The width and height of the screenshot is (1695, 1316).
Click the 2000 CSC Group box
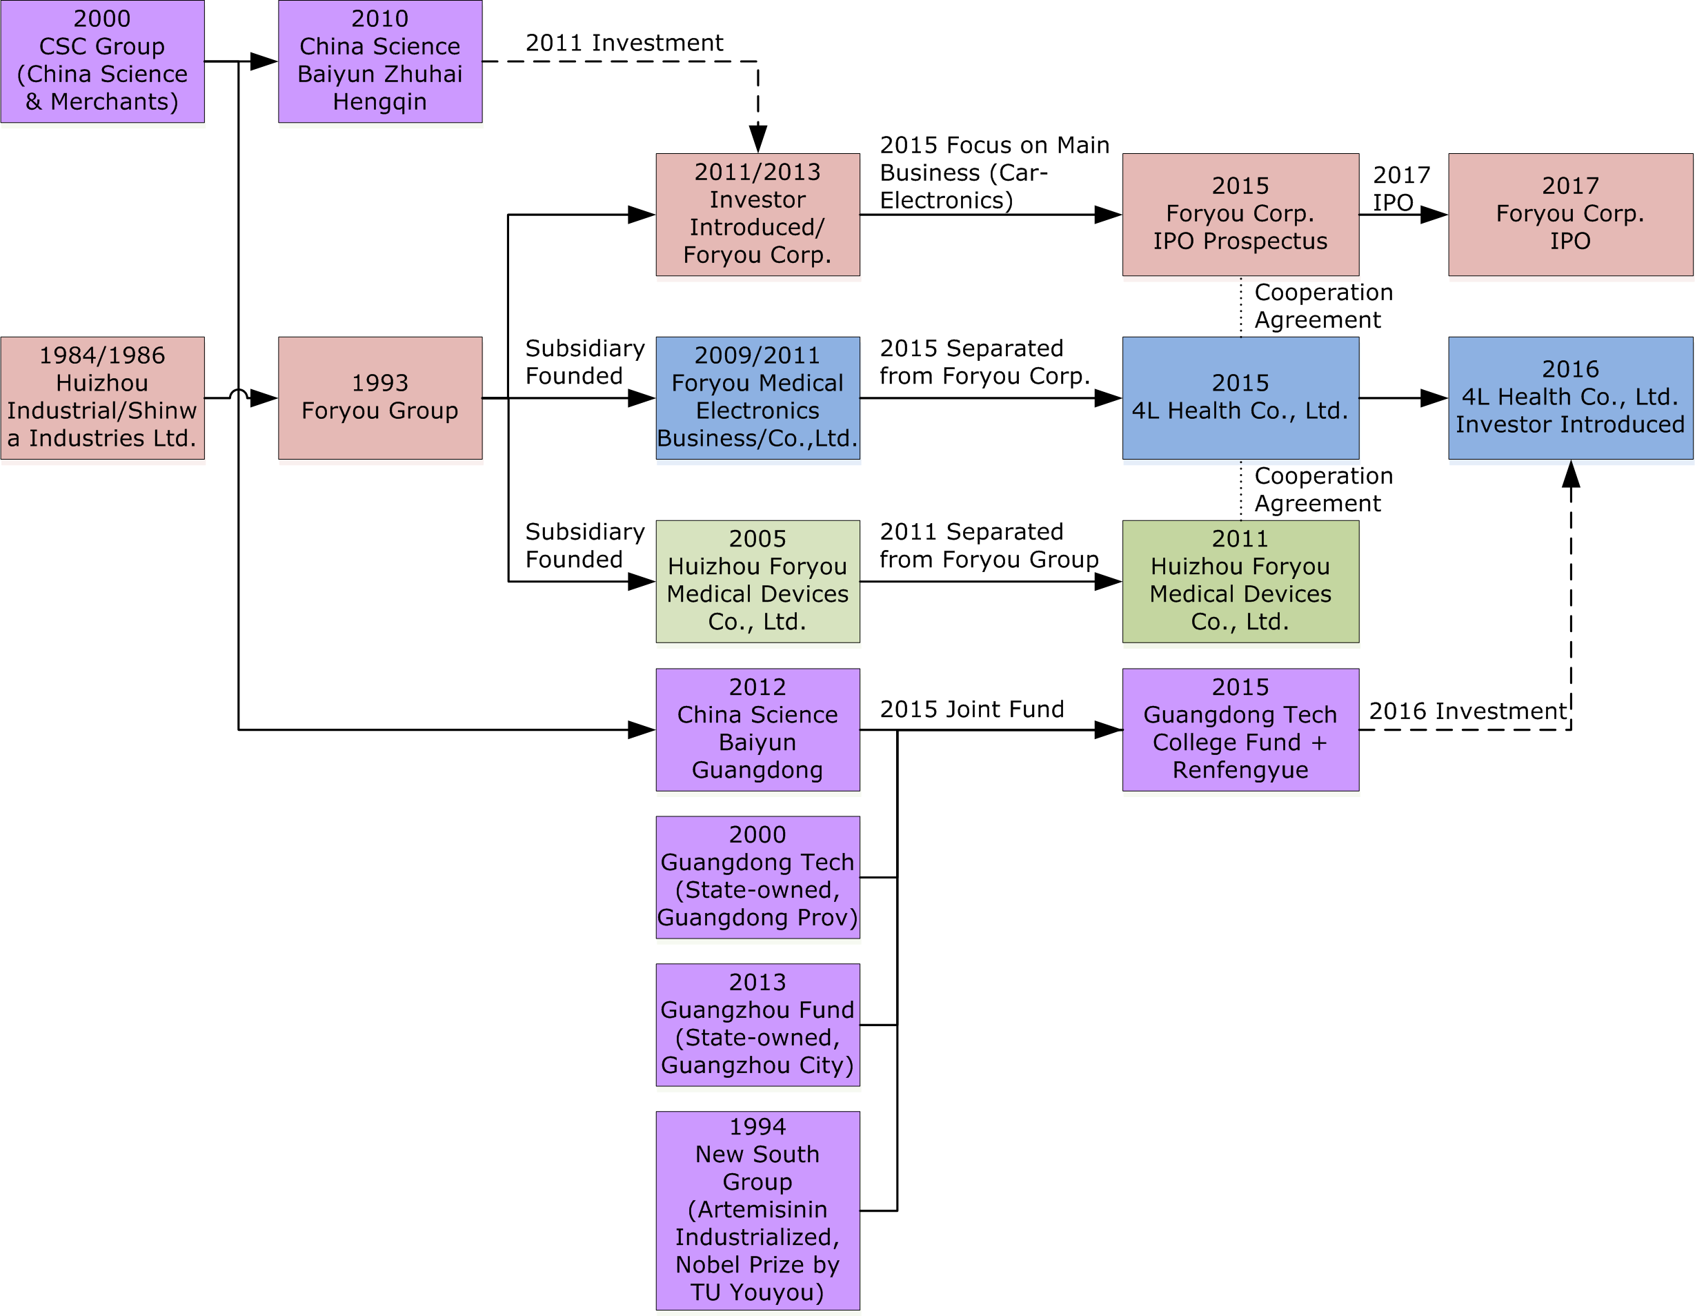click(x=102, y=61)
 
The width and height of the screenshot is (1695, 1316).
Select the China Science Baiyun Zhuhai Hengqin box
click(x=379, y=61)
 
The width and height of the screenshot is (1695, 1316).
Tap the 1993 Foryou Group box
click(x=379, y=397)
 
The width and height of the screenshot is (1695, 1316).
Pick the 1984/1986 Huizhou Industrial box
click(x=102, y=397)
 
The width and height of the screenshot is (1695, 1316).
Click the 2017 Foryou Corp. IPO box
click(x=1569, y=215)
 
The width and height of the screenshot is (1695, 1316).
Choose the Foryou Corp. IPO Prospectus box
click(x=1240, y=215)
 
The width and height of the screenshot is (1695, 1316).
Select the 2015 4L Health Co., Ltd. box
click(x=1240, y=397)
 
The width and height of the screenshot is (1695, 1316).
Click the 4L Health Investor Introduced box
click(x=1569, y=397)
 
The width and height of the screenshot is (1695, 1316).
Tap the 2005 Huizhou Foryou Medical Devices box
click(x=757, y=581)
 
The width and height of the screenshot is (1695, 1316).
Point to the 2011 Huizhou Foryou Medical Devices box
click(x=1240, y=581)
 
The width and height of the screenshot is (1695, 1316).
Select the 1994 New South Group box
click(x=757, y=1210)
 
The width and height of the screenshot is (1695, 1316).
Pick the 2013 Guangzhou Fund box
click(x=757, y=1024)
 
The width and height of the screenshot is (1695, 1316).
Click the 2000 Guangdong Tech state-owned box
click(x=757, y=876)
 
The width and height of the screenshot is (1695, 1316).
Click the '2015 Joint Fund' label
click(x=971, y=709)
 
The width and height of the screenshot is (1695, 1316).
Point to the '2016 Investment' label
click(x=1467, y=711)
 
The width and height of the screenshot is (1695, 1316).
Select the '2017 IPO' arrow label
click(x=1400, y=188)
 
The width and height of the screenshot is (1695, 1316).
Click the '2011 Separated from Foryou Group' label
click(x=988, y=545)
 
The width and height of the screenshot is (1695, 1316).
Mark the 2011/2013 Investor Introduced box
click(x=757, y=215)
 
